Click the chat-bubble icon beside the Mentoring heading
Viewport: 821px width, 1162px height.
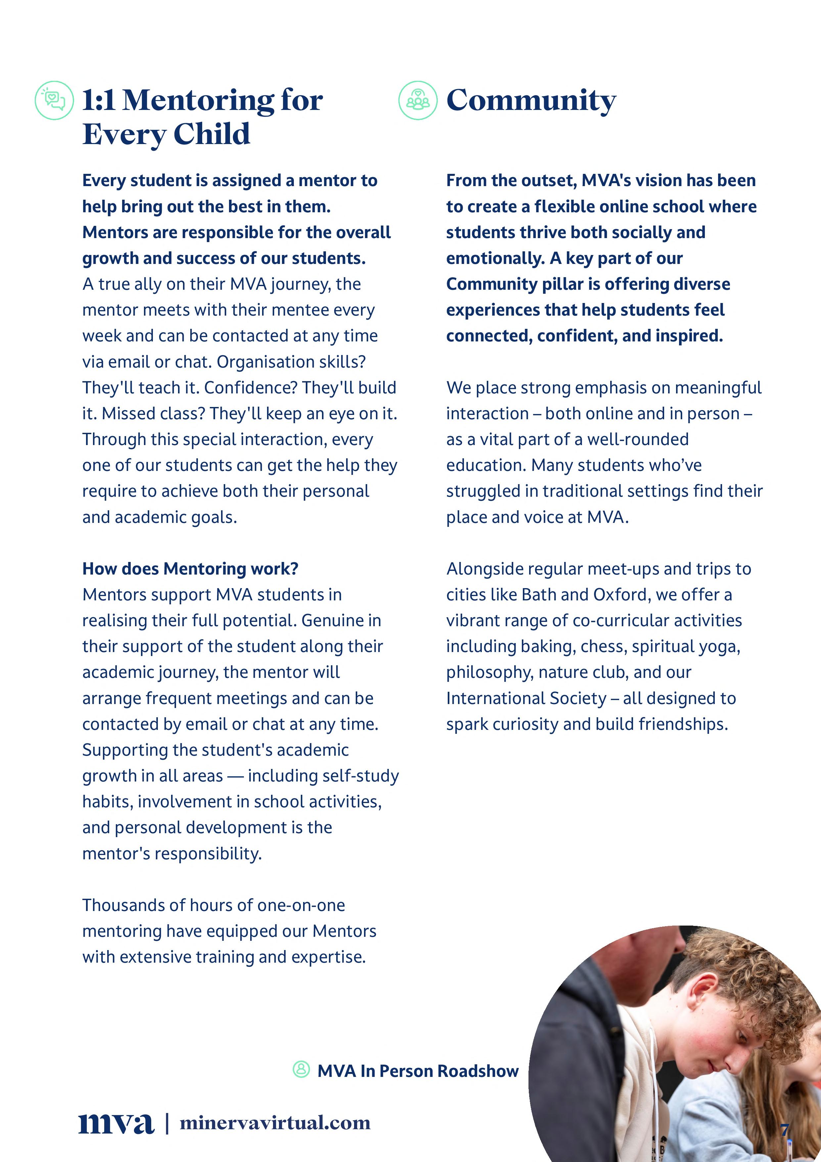(x=54, y=100)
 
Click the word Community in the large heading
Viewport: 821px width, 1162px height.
(x=531, y=100)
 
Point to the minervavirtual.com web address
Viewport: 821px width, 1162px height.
(x=275, y=1123)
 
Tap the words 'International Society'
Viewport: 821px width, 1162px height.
(x=526, y=698)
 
